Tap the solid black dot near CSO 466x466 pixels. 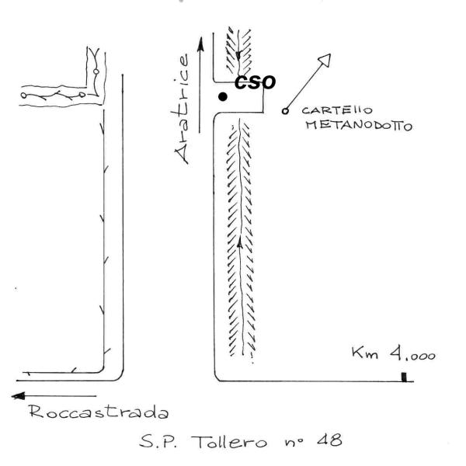coord(223,97)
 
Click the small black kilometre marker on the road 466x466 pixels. coord(404,377)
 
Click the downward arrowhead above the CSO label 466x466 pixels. coord(239,55)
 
